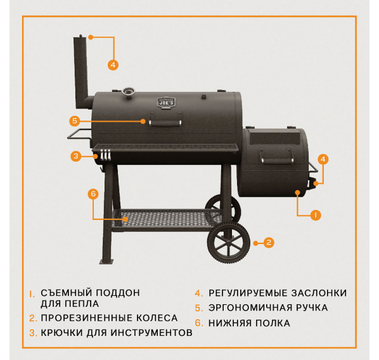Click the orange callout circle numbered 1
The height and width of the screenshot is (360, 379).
tap(316, 215)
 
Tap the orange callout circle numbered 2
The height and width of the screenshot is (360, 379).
tap(269, 243)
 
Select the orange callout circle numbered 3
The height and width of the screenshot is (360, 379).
tap(76, 156)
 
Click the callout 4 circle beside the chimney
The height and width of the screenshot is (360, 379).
tap(113, 65)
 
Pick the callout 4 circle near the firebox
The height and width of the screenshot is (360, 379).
tap(323, 159)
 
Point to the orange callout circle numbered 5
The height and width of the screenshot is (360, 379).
tap(75, 121)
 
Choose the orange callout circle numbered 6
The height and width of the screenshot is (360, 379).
tap(93, 194)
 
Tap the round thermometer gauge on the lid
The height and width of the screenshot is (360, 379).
tap(129, 92)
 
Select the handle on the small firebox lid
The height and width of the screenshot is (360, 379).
tap(277, 160)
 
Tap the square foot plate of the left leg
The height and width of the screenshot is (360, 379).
tap(106, 262)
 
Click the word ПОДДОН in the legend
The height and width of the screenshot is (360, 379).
tap(118, 293)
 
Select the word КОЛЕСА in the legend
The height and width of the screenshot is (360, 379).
tap(157, 318)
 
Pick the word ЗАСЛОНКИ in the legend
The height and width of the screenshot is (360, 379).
tap(319, 293)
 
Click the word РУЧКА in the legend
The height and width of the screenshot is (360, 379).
tap(312, 307)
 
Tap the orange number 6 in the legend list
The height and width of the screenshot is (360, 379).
tap(198, 323)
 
